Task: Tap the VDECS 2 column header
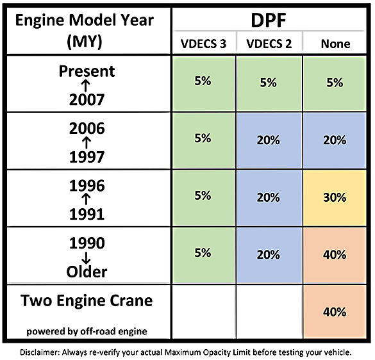click(x=268, y=44)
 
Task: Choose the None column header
click(x=335, y=44)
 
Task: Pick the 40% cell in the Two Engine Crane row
click(x=335, y=313)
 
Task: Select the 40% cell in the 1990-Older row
click(x=335, y=254)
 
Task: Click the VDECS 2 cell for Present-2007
click(x=269, y=83)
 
